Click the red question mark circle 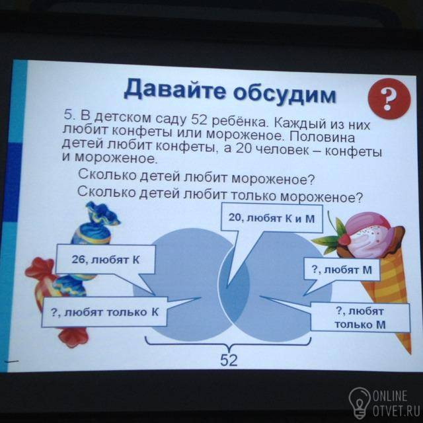pos(389,98)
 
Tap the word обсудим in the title pos(285,94)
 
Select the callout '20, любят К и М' pos(272,218)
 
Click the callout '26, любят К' pos(106,260)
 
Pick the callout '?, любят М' pos(342,270)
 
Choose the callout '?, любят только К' pos(104,313)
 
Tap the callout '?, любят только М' pos(360,318)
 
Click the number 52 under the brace pos(229,360)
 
